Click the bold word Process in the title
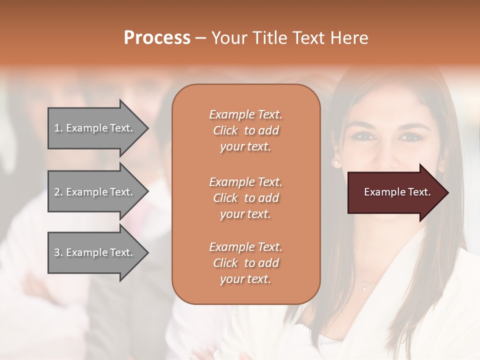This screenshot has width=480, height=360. (x=157, y=38)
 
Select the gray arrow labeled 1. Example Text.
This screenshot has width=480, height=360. (x=95, y=128)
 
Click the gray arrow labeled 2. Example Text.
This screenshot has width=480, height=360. (x=95, y=192)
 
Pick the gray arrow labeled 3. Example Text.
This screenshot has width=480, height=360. (x=95, y=252)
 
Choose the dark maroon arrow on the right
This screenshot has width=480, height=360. (x=395, y=192)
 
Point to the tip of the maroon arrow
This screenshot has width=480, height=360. (x=447, y=192)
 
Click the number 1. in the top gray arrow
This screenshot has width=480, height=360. (x=58, y=128)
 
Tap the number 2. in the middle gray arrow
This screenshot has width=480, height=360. (x=58, y=192)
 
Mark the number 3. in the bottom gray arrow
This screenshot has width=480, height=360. (x=58, y=252)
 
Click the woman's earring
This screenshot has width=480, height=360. (x=336, y=163)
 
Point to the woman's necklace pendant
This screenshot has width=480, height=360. (x=365, y=287)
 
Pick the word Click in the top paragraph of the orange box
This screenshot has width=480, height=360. (x=225, y=130)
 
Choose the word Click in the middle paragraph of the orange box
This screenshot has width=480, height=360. (x=225, y=198)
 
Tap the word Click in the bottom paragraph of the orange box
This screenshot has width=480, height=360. (x=225, y=263)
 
